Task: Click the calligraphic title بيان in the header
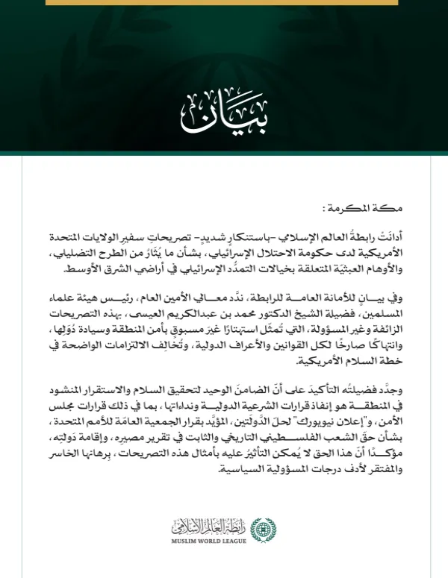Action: (224, 111)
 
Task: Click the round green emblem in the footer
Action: (263, 530)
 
